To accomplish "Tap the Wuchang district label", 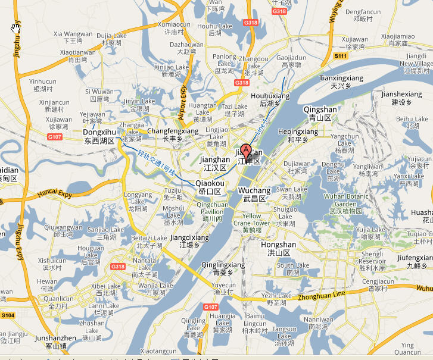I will click(254, 194).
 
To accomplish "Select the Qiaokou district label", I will click(209, 187).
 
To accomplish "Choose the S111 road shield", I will click(340, 55).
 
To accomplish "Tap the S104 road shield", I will click(8, 315).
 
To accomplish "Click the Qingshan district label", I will click(320, 114).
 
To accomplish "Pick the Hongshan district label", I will click(278, 248).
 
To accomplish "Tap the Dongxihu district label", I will click(99, 136).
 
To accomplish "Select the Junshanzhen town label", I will click(56, 342).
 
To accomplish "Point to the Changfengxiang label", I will click(173, 134).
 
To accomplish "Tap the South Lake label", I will click(293, 269).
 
